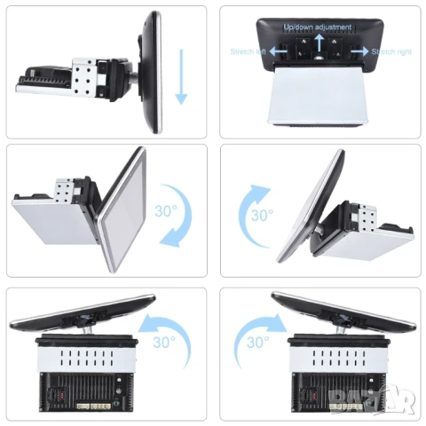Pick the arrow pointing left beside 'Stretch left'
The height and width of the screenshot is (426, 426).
[279, 52]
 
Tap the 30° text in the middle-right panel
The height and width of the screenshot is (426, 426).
[261, 215]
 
